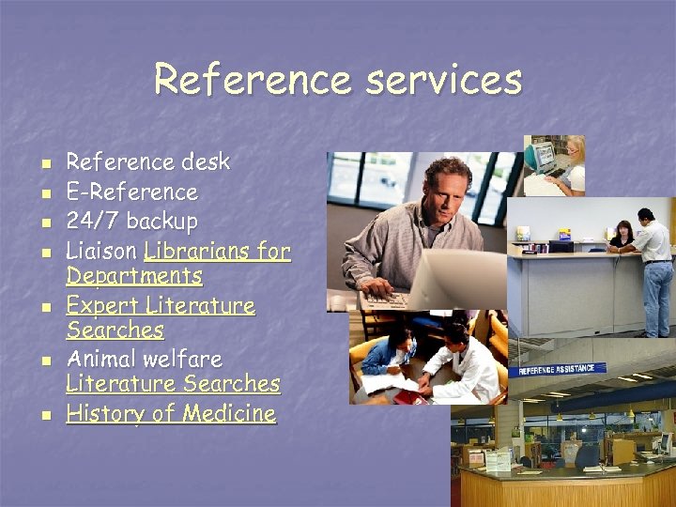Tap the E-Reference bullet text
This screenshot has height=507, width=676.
point(131,192)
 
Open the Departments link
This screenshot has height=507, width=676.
point(133,276)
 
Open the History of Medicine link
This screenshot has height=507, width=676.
point(171,414)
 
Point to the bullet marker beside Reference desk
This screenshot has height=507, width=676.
point(43,163)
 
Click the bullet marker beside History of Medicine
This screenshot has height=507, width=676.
point(43,415)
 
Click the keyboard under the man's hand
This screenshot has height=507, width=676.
point(390,299)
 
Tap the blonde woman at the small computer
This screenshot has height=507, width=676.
point(572,163)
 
